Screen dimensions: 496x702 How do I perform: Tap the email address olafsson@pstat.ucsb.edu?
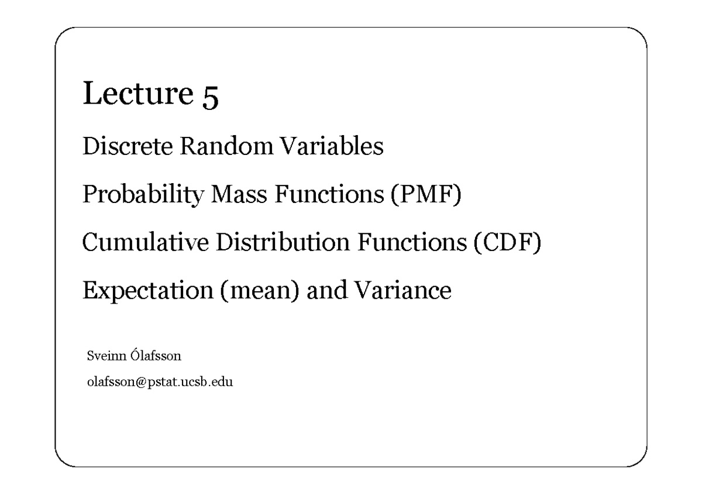coord(159,383)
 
